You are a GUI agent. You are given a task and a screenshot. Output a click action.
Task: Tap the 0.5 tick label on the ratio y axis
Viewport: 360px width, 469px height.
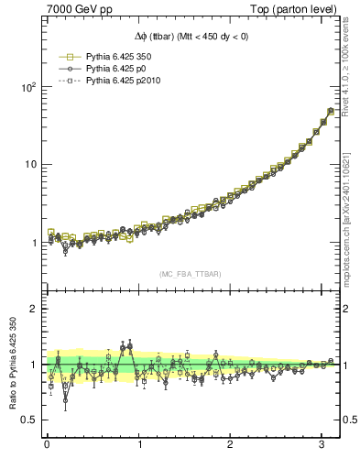(x=27, y=420)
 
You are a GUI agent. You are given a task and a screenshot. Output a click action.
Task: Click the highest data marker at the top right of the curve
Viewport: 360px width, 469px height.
(x=331, y=112)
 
